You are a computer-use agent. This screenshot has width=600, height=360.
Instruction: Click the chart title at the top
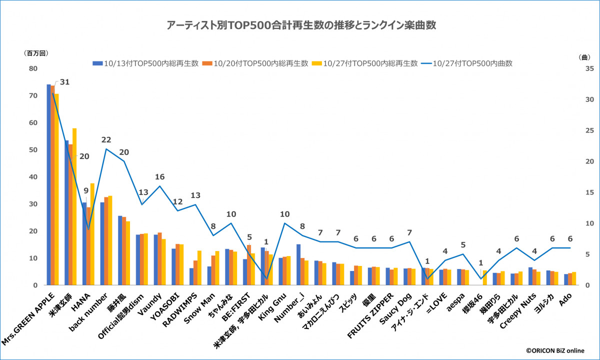300,25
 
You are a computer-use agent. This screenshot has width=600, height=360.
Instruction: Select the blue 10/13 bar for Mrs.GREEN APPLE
49,185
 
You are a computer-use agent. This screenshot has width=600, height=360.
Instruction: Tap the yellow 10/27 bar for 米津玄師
74,207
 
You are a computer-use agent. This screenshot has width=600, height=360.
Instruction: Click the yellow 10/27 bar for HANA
92,234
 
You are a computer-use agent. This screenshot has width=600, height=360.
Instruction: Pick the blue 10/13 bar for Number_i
298,265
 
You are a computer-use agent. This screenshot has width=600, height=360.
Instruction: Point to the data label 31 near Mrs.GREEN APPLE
64,82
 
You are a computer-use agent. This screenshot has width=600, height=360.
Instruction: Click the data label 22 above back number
105,139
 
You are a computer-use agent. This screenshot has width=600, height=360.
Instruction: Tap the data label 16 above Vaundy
159,177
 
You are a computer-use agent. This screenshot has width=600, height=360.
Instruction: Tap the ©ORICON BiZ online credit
554,351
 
